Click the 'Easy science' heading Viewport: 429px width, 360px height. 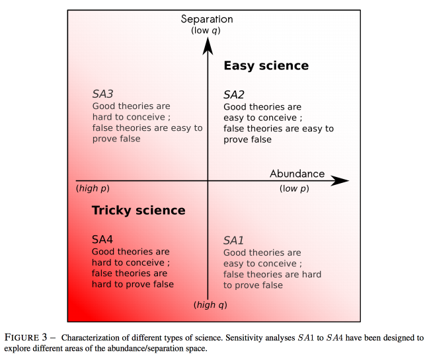266,66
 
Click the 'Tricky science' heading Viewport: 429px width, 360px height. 138,211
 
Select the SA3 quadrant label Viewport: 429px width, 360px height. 102,94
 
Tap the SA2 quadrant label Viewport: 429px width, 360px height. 234,95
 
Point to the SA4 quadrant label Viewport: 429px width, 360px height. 102,240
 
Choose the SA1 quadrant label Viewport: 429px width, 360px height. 233,240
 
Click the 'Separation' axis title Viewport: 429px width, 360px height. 207,19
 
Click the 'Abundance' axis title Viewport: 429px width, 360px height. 297,174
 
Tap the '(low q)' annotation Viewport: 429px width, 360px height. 206,30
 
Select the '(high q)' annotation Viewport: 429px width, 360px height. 210,305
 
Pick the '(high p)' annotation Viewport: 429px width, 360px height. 93,188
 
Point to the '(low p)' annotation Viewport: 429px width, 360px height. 294,188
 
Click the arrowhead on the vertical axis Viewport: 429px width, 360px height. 208,46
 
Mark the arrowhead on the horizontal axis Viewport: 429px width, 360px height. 340,181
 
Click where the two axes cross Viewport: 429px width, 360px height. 208,181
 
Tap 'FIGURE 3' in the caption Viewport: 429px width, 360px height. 26,338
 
